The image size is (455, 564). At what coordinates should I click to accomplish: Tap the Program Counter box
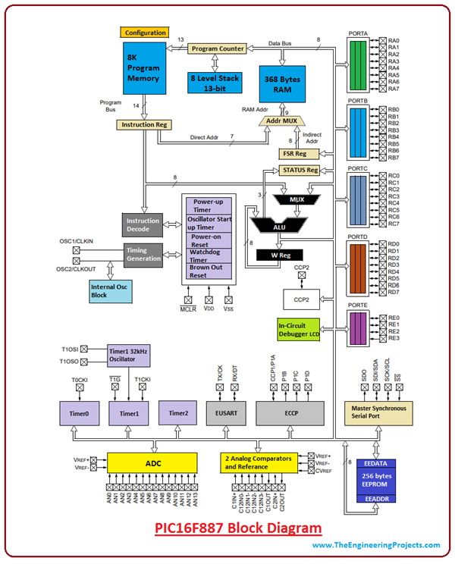point(218,49)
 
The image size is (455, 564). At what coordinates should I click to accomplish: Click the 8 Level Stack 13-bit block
point(216,82)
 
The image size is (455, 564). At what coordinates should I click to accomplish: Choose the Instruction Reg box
point(143,124)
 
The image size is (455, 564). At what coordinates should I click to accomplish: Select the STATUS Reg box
point(300,171)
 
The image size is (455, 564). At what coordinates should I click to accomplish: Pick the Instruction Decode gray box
point(143,225)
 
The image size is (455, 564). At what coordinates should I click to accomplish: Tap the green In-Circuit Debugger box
point(299,330)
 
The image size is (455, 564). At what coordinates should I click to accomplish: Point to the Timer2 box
point(178,413)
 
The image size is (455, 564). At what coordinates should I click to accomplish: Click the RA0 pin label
point(394,41)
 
